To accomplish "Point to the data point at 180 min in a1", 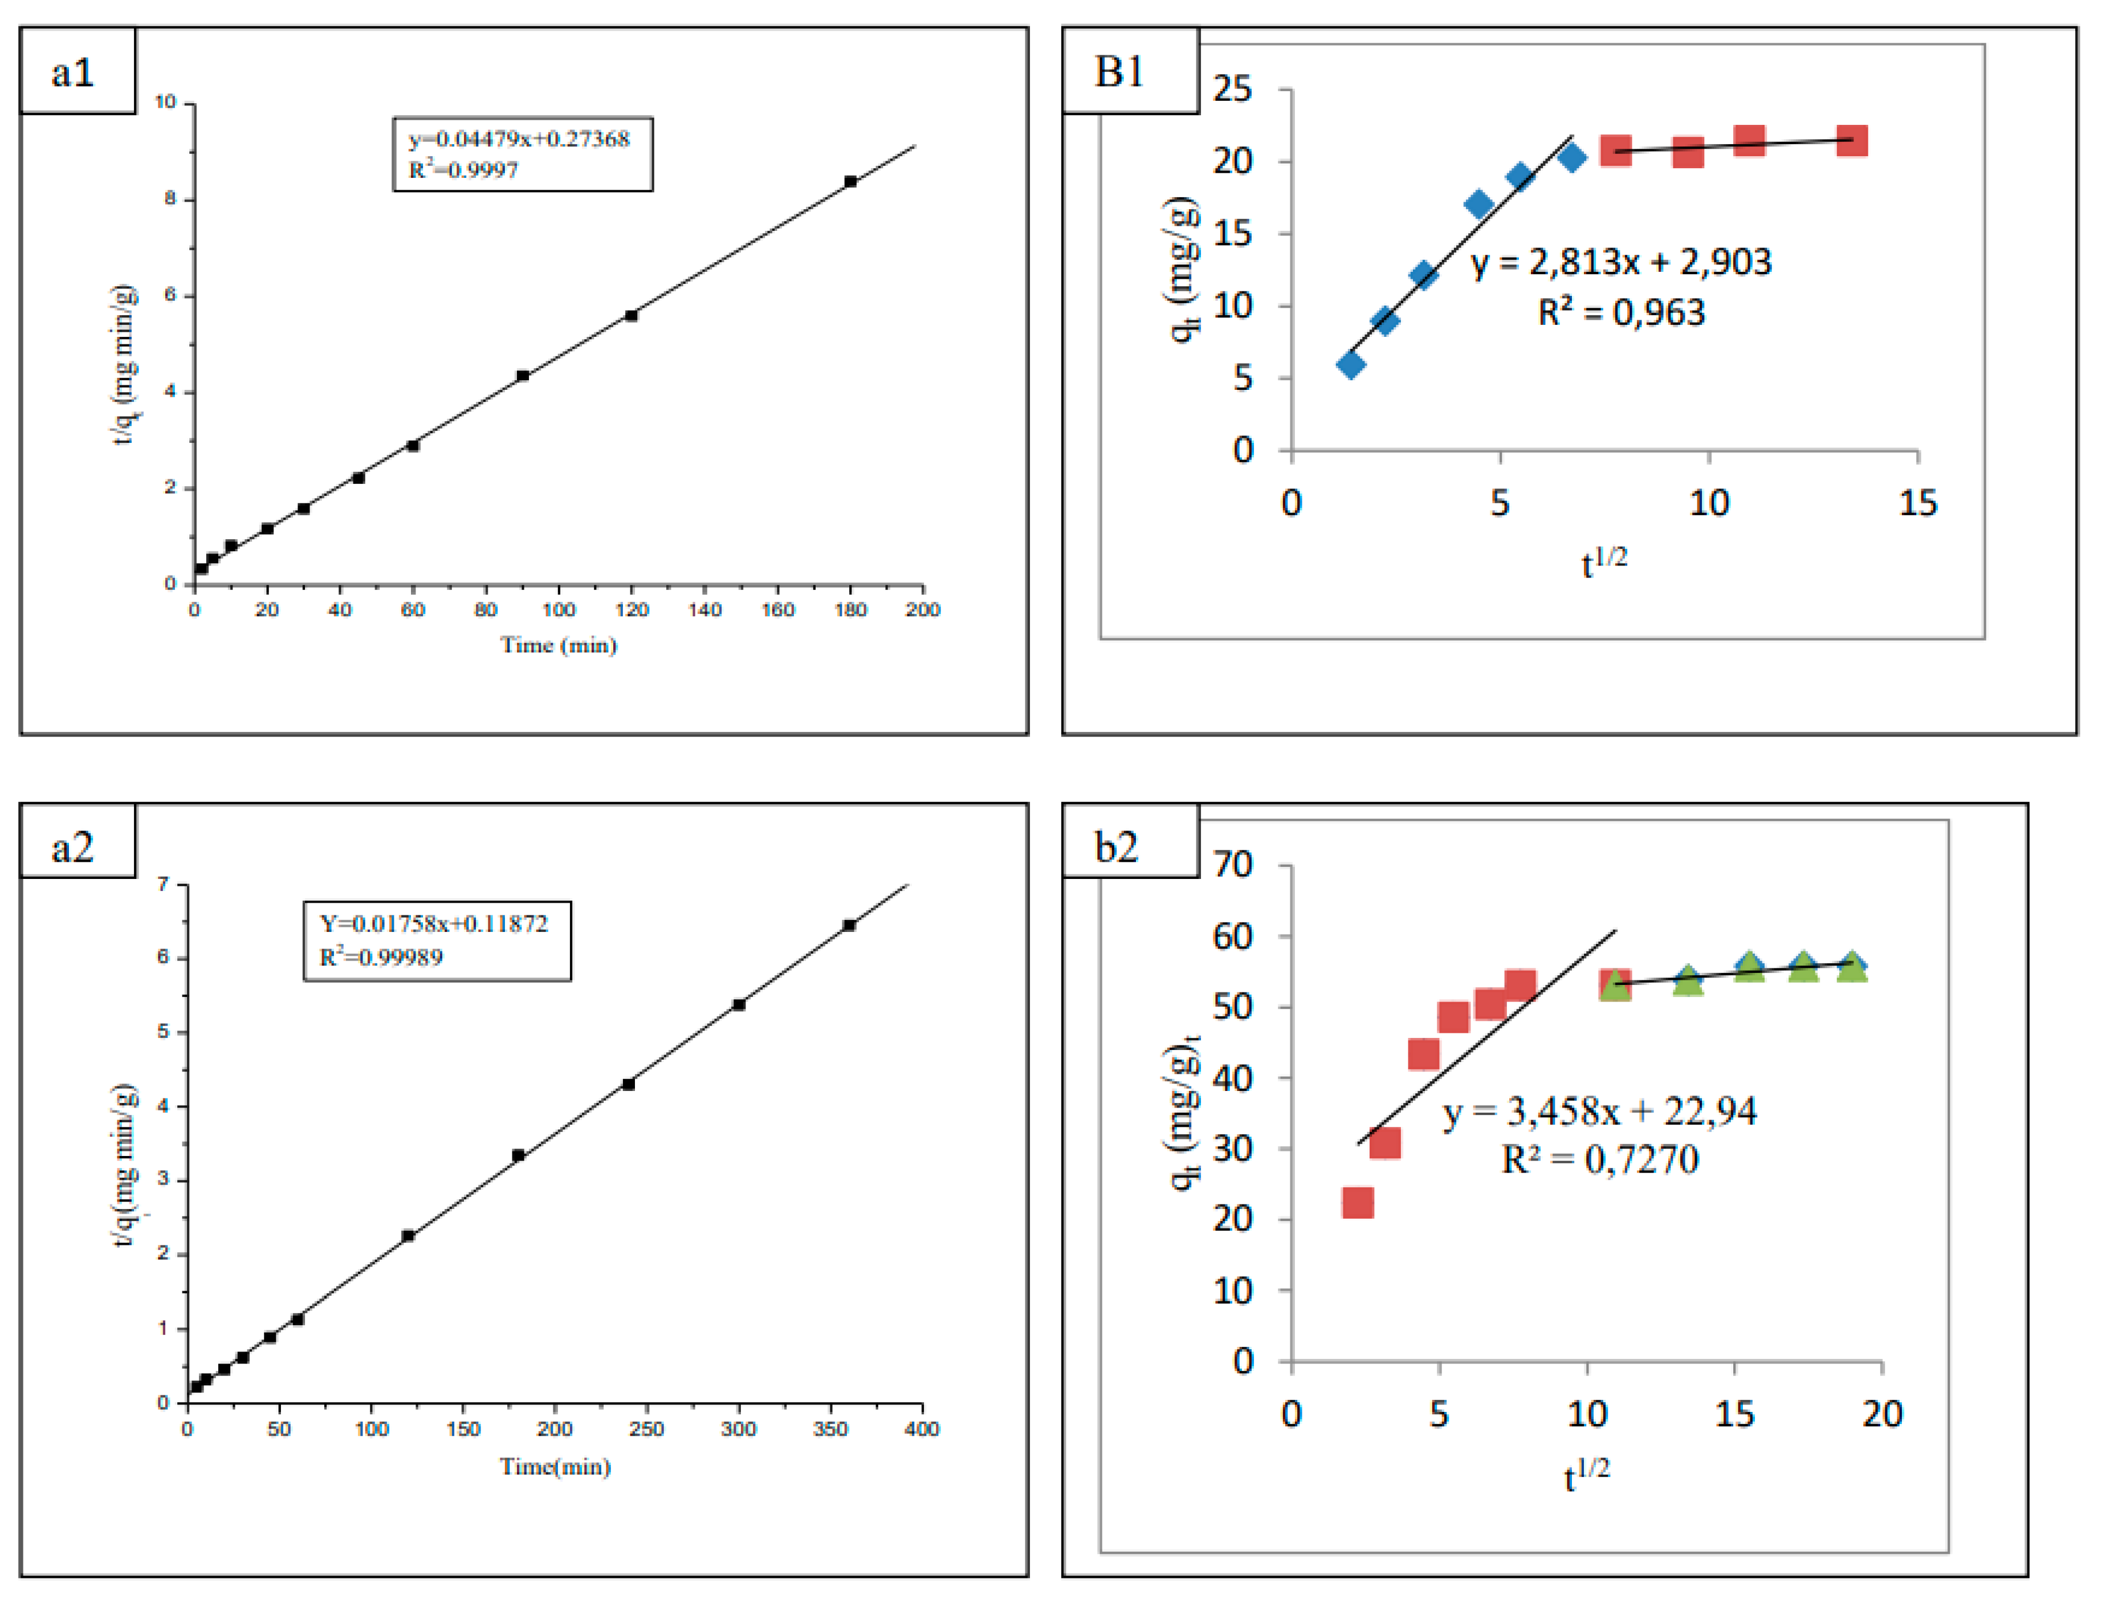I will point(850,181).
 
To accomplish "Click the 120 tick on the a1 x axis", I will point(632,610).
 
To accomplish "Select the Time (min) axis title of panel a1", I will point(559,645).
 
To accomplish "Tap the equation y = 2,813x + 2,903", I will point(1620,261).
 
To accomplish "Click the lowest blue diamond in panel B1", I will point(1351,364).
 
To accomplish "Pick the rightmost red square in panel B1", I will point(1851,142).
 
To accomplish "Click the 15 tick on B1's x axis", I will point(1917,503).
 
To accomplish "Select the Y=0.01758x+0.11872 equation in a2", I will point(434,923).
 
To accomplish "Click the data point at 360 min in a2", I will point(849,925).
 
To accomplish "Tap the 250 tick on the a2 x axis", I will point(647,1429).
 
